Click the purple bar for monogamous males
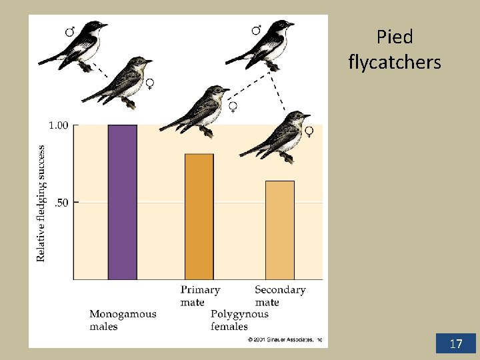(x=122, y=202)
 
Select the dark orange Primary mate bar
(x=199, y=217)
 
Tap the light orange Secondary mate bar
(x=279, y=230)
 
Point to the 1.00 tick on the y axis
(x=59, y=125)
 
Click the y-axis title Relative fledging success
(x=41, y=203)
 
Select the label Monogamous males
(x=123, y=320)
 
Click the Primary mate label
(x=200, y=295)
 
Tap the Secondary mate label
(x=279, y=295)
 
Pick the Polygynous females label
(x=239, y=320)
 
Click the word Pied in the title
(x=394, y=37)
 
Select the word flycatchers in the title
(x=394, y=63)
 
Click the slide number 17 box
(x=456, y=343)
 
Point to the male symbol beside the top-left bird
(x=69, y=31)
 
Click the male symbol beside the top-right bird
(x=256, y=30)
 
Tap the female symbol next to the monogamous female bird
(x=150, y=83)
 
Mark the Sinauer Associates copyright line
(x=285, y=340)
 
